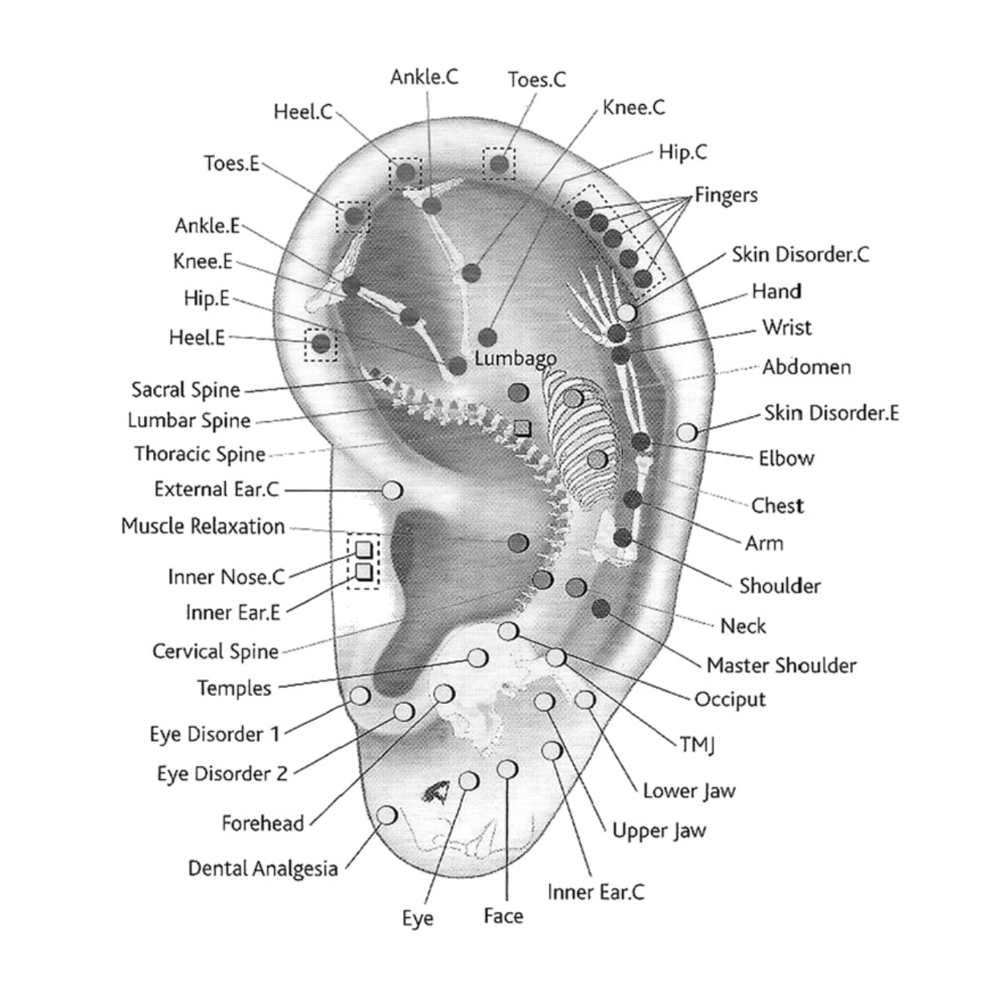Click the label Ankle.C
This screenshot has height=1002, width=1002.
424,77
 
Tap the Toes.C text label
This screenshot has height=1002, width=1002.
536,79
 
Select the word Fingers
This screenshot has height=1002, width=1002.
725,195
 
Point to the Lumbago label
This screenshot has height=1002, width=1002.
515,358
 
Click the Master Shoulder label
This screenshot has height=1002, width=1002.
781,665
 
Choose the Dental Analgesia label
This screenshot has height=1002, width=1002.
263,868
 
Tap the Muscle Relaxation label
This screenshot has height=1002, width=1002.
203,527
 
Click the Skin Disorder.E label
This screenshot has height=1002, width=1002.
830,413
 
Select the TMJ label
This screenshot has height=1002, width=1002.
697,745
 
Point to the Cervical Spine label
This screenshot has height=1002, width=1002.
216,651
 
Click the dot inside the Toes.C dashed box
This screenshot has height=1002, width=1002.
499,164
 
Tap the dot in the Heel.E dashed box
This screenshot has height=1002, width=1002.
321,344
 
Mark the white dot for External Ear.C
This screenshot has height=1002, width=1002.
392,489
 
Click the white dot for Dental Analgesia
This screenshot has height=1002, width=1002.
386,815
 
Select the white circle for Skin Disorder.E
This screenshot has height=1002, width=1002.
687,432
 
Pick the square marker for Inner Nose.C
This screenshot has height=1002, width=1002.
363,550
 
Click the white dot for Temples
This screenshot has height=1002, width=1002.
477,658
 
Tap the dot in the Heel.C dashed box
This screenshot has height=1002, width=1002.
406,172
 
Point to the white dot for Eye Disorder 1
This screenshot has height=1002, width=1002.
360,695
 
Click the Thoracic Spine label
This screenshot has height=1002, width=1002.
200,454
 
